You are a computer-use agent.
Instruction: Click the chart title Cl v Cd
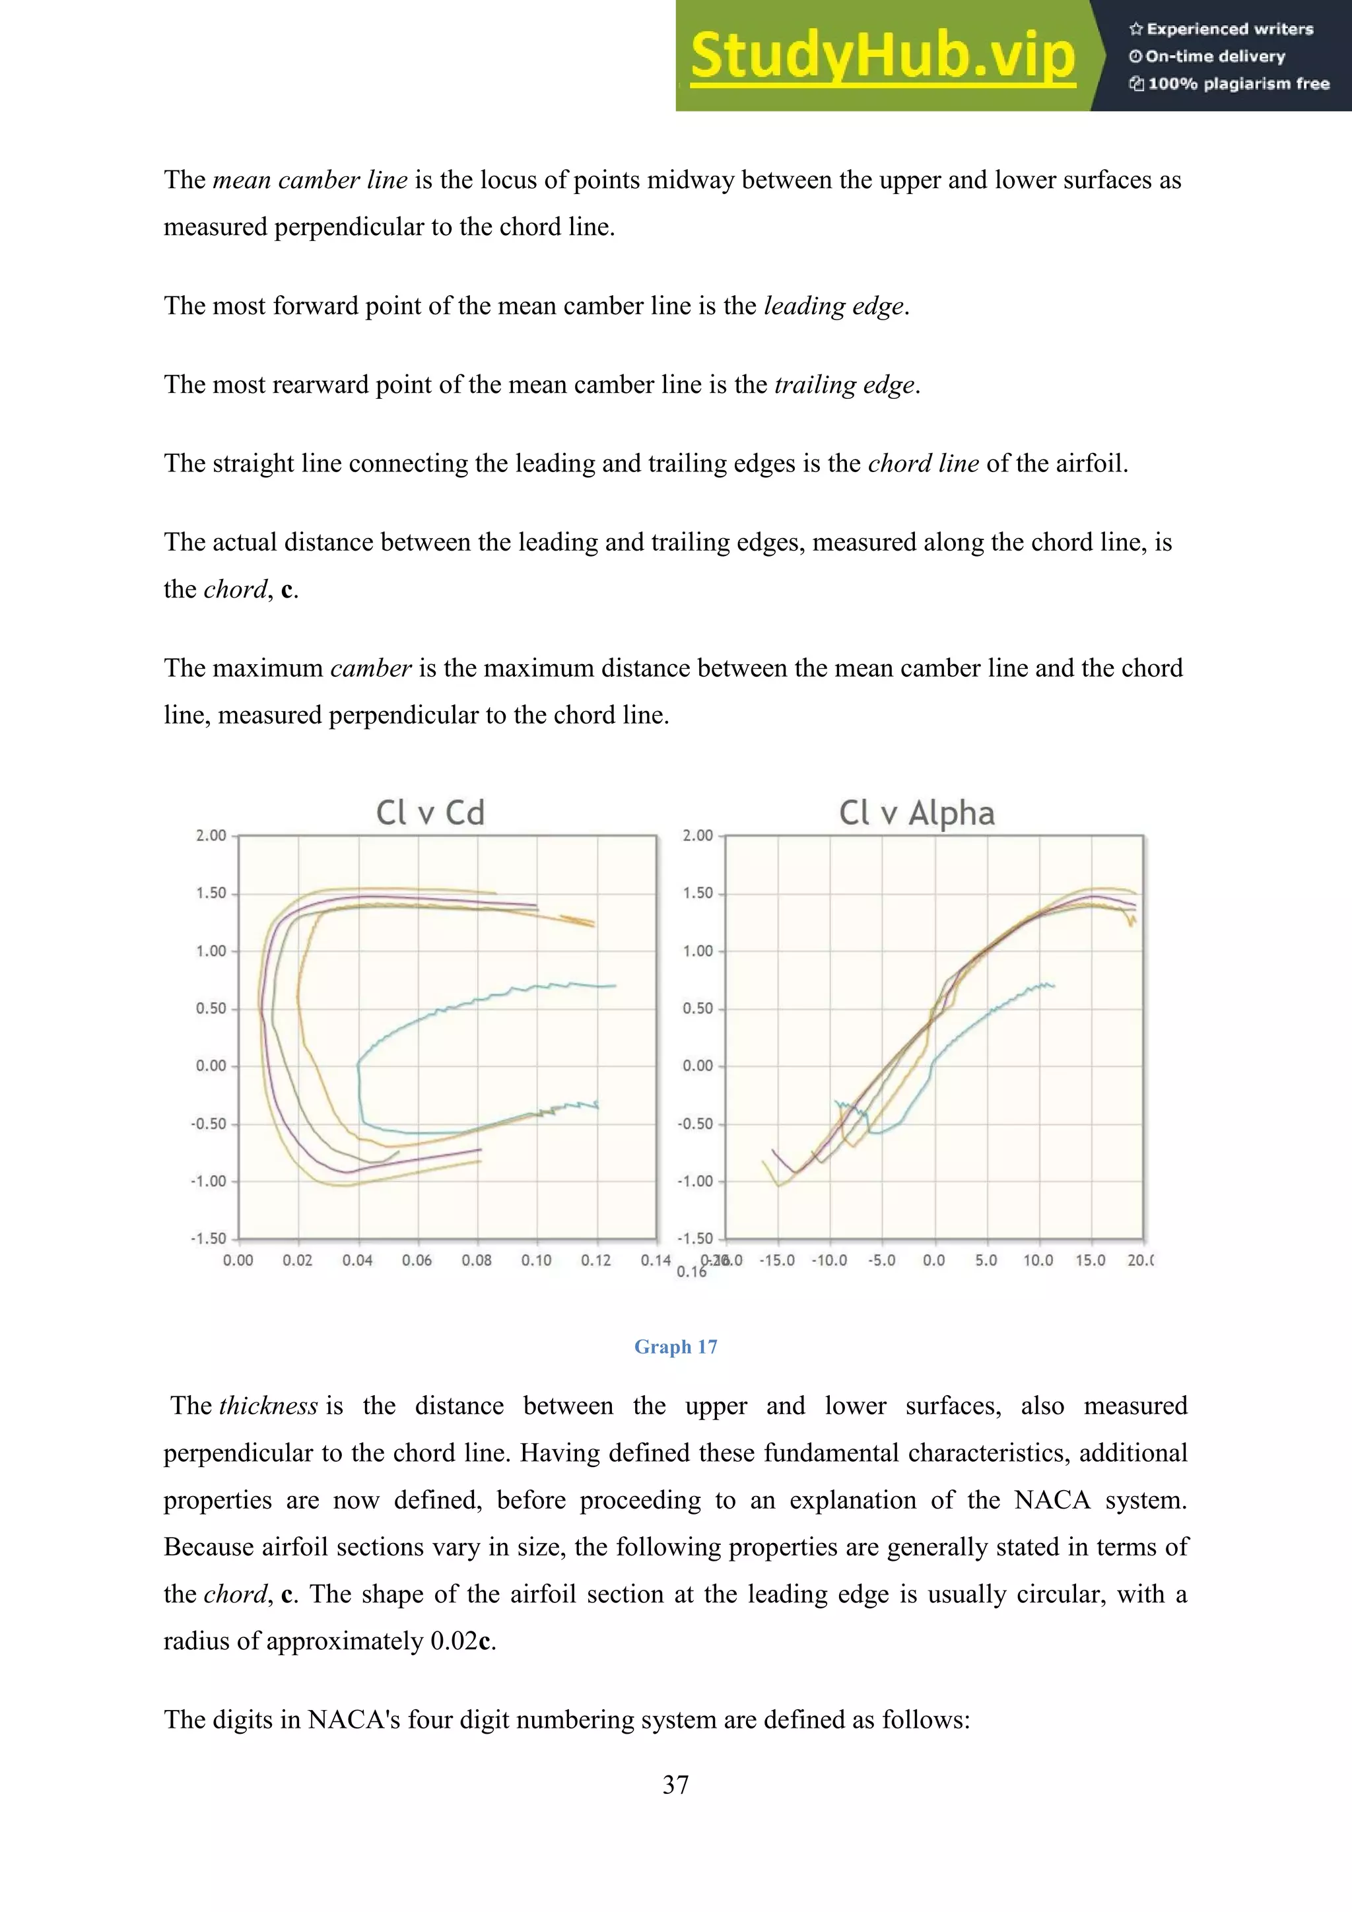tap(430, 813)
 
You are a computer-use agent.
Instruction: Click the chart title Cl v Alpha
tap(916, 813)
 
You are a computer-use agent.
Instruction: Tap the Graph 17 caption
tap(675, 1347)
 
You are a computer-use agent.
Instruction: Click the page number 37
tap(675, 1785)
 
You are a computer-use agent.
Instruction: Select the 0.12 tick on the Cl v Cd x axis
tap(596, 1260)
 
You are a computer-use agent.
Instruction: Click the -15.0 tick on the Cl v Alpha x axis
tap(778, 1260)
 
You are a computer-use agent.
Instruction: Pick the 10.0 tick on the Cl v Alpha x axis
tap(1037, 1260)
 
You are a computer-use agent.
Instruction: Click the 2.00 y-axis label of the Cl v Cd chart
tap(211, 835)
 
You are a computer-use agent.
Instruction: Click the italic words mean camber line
tap(310, 180)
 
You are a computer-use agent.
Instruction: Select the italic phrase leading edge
tap(833, 306)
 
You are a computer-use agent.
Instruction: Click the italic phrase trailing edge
tap(844, 385)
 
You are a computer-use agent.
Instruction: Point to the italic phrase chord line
tap(922, 463)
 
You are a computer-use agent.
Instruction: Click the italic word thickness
tap(268, 1406)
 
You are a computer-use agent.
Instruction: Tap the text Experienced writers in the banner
tap(1229, 29)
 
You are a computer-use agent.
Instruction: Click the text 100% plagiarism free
tap(1237, 83)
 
